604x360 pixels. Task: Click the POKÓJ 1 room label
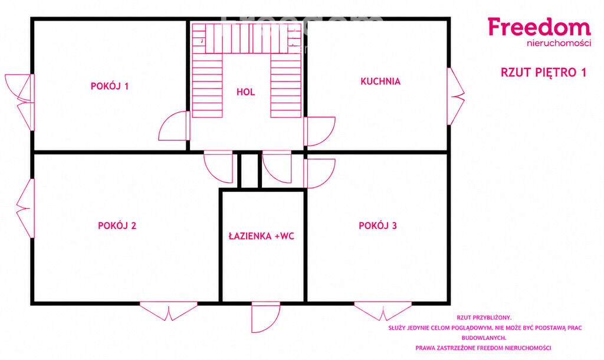[109, 86]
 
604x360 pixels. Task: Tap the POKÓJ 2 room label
[117, 225]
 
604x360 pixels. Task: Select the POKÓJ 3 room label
[378, 225]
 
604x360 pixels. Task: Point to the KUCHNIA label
[380, 81]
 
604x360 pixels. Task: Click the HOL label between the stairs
[246, 91]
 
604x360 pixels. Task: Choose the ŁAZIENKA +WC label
[261, 236]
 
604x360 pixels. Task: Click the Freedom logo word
[539, 27]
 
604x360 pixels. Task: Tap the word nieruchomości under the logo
[559, 43]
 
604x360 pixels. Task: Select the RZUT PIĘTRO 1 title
[543, 72]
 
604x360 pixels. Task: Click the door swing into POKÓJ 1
[174, 126]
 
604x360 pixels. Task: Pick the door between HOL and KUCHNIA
[319, 132]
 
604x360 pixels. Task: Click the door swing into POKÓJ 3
[319, 174]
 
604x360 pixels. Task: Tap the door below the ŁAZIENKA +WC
[266, 318]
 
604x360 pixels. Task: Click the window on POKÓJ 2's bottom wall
[168, 311]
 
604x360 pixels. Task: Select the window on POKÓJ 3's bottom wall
[383, 311]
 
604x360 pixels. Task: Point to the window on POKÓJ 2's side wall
[25, 208]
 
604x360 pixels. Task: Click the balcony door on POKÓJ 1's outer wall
[19, 102]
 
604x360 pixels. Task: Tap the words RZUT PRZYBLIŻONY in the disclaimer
[484, 318]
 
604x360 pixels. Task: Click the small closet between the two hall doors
[250, 171]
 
